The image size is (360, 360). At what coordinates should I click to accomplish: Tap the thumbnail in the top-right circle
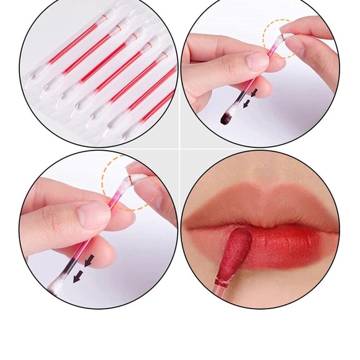point(256,61)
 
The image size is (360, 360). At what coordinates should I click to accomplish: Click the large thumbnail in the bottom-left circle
point(93,215)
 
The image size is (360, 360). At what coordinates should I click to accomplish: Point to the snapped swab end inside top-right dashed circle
point(287,38)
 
